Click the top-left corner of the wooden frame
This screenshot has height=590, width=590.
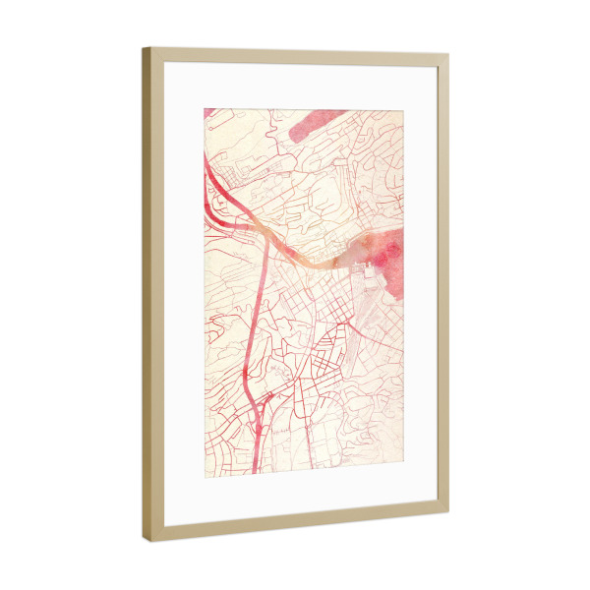[144, 47]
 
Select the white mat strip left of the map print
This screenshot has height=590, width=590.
[183, 295]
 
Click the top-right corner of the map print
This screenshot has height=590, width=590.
[404, 110]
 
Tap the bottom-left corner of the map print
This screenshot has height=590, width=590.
[205, 475]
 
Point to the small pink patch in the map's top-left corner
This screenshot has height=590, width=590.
[209, 114]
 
